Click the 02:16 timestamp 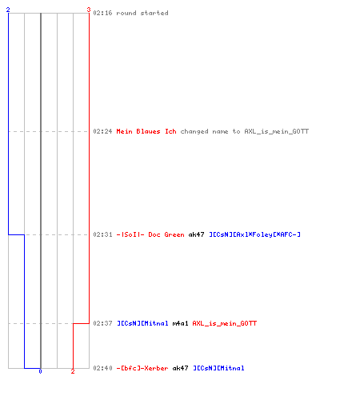[x=102, y=13]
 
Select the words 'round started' [x=142, y=13]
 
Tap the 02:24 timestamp [x=102, y=131]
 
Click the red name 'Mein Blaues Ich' [x=146, y=131]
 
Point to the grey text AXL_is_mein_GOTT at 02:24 [x=277, y=131]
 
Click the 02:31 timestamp [x=102, y=234]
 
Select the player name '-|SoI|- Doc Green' [x=150, y=234]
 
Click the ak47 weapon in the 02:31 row [x=196, y=234]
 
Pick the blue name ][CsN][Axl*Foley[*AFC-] [x=254, y=234]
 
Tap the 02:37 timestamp [x=102, y=323]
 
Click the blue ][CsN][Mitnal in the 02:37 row [x=142, y=323]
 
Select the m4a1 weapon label [x=180, y=323]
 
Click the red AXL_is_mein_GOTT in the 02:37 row [x=225, y=323]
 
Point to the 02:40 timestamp [x=102, y=368]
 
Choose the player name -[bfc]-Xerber [x=142, y=368]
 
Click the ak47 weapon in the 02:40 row [x=180, y=368]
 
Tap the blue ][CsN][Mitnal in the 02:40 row [x=218, y=368]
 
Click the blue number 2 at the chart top [x=8, y=10]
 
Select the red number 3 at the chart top [x=89, y=10]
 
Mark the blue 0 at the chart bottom [x=40, y=371]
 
